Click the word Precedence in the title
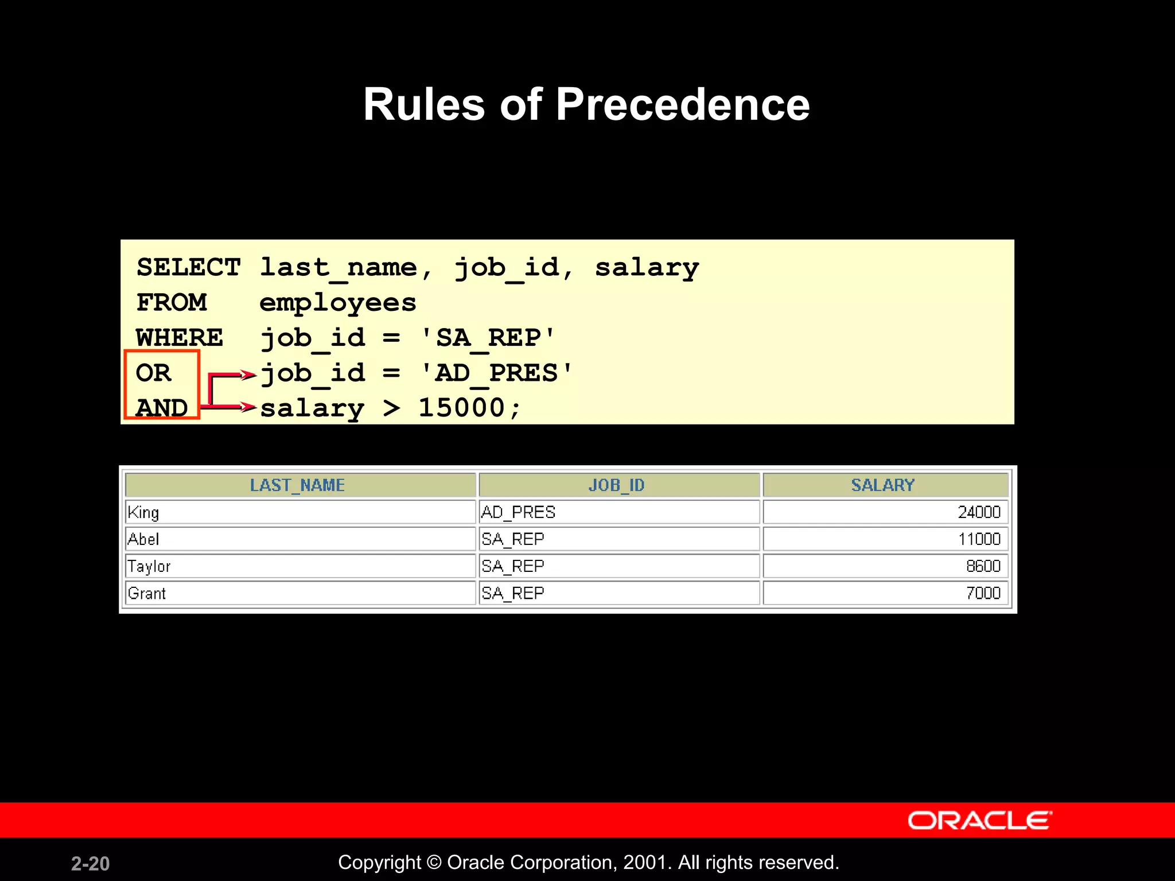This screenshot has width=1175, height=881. (682, 104)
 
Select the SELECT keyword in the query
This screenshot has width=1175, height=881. (188, 267)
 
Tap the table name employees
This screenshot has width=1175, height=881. (337, 303)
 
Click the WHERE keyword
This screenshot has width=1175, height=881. (180, 338)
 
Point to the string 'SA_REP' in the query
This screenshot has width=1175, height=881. (488, 338)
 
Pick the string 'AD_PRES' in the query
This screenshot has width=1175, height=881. (496, 373)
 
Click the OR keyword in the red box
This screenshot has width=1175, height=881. (153, 373)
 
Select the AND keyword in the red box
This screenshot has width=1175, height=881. (162, 408)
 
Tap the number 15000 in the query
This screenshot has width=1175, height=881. (462, 408)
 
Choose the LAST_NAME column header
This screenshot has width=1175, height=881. (297, 485)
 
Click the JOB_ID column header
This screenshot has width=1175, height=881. (617, 485)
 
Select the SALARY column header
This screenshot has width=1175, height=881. (882, 485)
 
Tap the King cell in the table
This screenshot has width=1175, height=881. (143, 512)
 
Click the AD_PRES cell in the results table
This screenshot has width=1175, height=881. (519, 512)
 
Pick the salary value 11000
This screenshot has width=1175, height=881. (979, 539)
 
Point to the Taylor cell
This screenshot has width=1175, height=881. (149, 567)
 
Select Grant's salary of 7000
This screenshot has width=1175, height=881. (983, 593)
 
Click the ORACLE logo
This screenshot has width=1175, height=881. (979, 821)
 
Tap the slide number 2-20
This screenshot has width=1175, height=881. (90, 863)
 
